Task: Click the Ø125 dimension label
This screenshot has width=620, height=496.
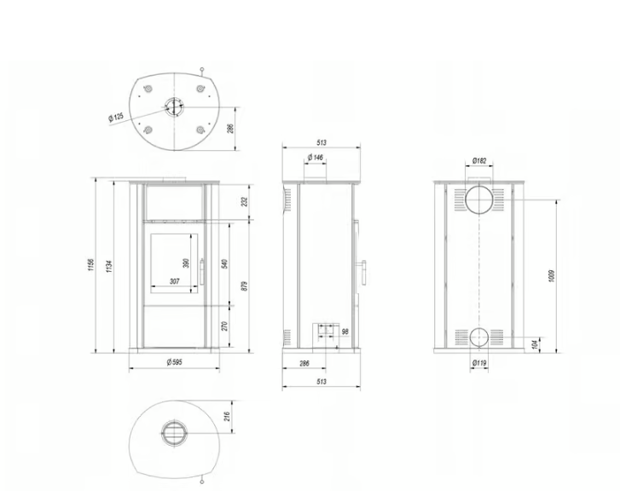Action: click(116, 117)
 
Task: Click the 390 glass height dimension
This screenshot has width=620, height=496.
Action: click(185, 263)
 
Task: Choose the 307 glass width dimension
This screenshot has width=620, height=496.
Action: click(174, 281)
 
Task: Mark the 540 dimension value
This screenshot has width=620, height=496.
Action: click(224, 262)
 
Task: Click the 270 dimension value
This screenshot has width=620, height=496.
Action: click(224, 326)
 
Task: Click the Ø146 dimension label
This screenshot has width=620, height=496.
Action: click(315, 158)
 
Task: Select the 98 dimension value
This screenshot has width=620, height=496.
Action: click(345, 332)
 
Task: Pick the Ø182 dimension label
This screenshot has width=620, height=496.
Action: click(479, 160)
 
